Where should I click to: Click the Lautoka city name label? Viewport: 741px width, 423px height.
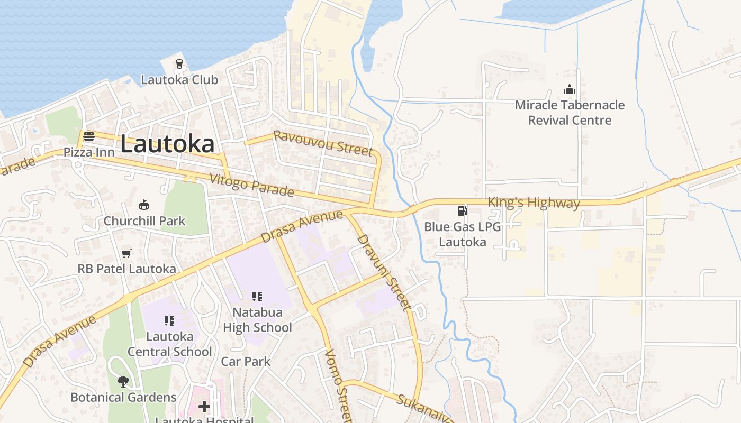pyautogui.click(x=168, y=144)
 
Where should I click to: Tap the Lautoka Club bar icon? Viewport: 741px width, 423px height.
pyautogui.click(x=179, y=64)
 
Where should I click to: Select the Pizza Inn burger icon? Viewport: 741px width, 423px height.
pyautogui.click(x=89, y=136)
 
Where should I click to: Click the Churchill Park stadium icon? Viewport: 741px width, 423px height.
pyautogui.click(x=144, y=205)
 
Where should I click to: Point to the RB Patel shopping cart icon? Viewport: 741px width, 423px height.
pyautogui.click(x=126, y=253)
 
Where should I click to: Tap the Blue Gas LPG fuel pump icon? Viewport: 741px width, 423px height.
pyautogui.click(x=462, y=210)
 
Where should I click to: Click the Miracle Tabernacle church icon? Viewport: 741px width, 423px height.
pyautogui.click(x=570, y=89)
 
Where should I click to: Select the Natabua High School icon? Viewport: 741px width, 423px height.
pyautogui.click(x=257, y=296)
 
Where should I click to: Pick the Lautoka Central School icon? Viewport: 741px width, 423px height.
pyautogui.click(x=170, y=320)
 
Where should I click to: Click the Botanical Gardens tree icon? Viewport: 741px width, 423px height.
pyautogui.click(x=123, y=381)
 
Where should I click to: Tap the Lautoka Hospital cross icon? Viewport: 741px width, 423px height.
pyautogui.click(x=204, y=406)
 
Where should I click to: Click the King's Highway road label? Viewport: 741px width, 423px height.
pyautogui.click(x=534, y=202)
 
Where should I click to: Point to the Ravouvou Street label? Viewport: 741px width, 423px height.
pyautogui.click(x=323, y=143)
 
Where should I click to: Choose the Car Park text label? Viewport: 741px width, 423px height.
pyautogui.click(x=246, y=362)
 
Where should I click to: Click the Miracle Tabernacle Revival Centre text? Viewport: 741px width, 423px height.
pyautogui.click(x=570, y=113)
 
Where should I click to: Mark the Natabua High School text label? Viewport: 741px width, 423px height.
pyautogui.click(x=257, y=320)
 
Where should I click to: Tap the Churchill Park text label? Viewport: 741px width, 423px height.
pyautogui.click(x=144, y=220)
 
